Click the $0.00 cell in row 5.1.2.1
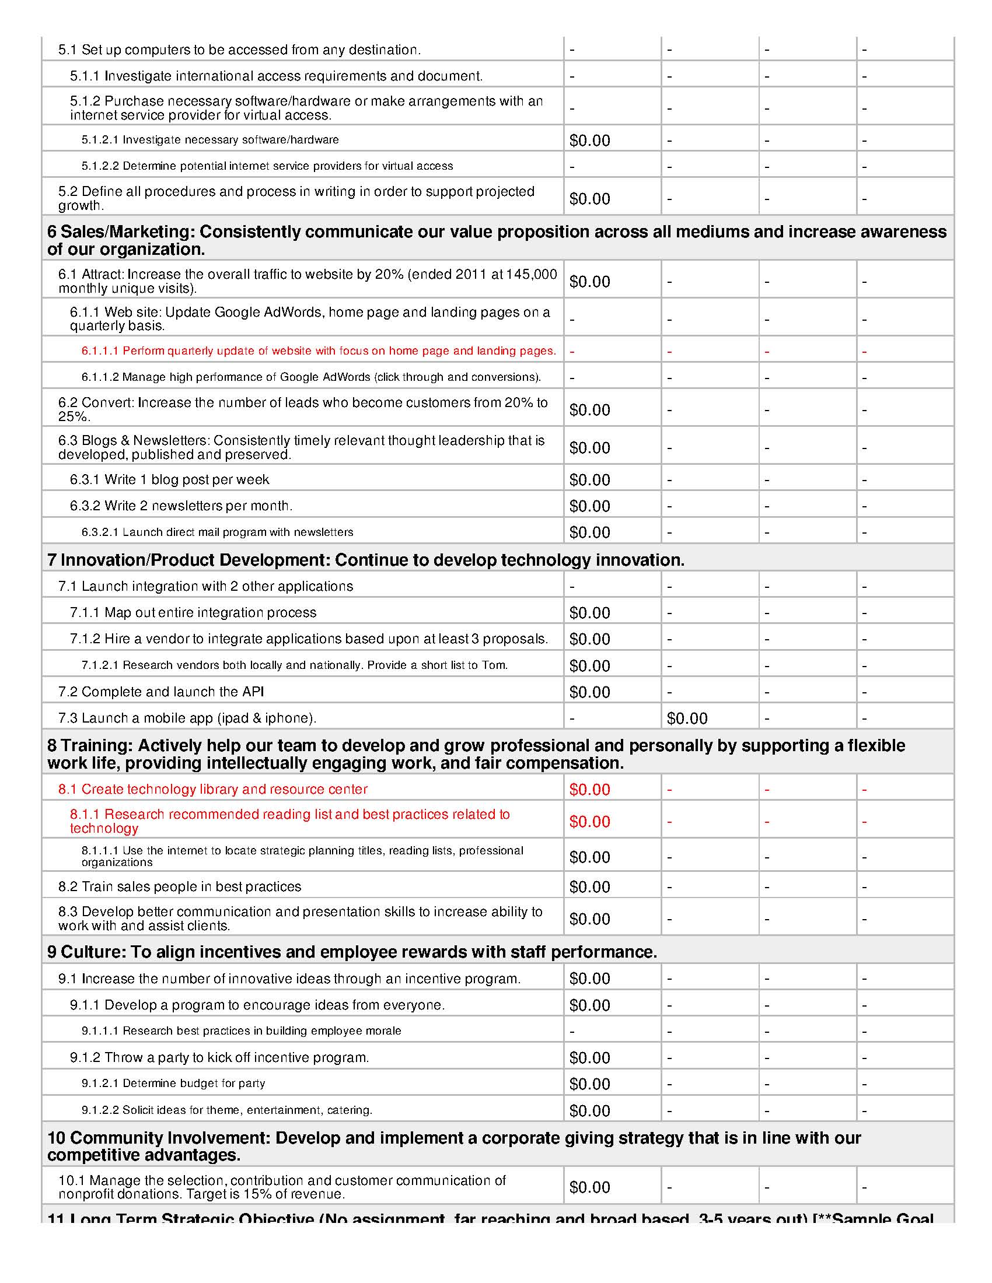589,141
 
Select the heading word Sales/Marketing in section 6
127,232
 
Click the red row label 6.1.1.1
100,351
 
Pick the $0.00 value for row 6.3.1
589,480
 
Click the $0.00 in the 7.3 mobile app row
687,718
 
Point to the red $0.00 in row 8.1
589,790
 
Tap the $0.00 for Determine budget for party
589,1085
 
